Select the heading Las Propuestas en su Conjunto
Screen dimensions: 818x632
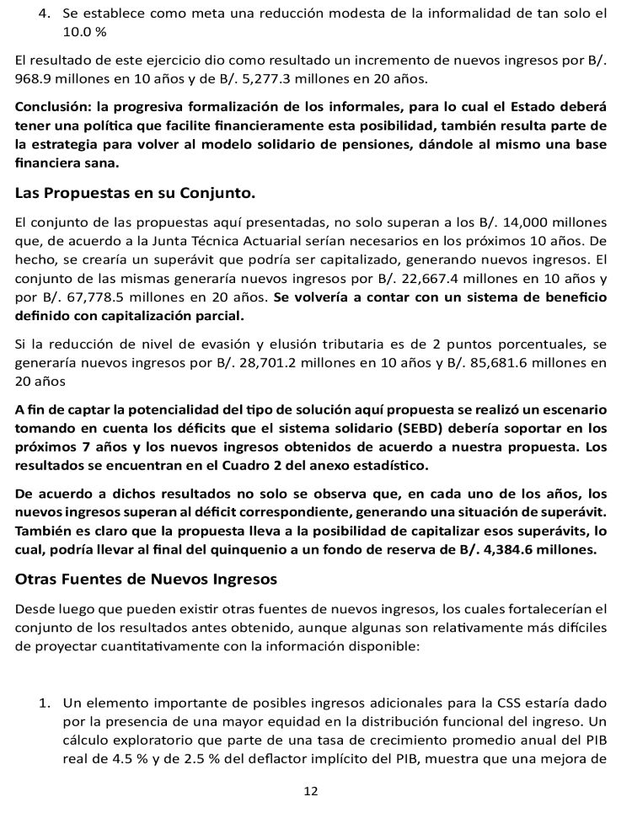135,194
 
